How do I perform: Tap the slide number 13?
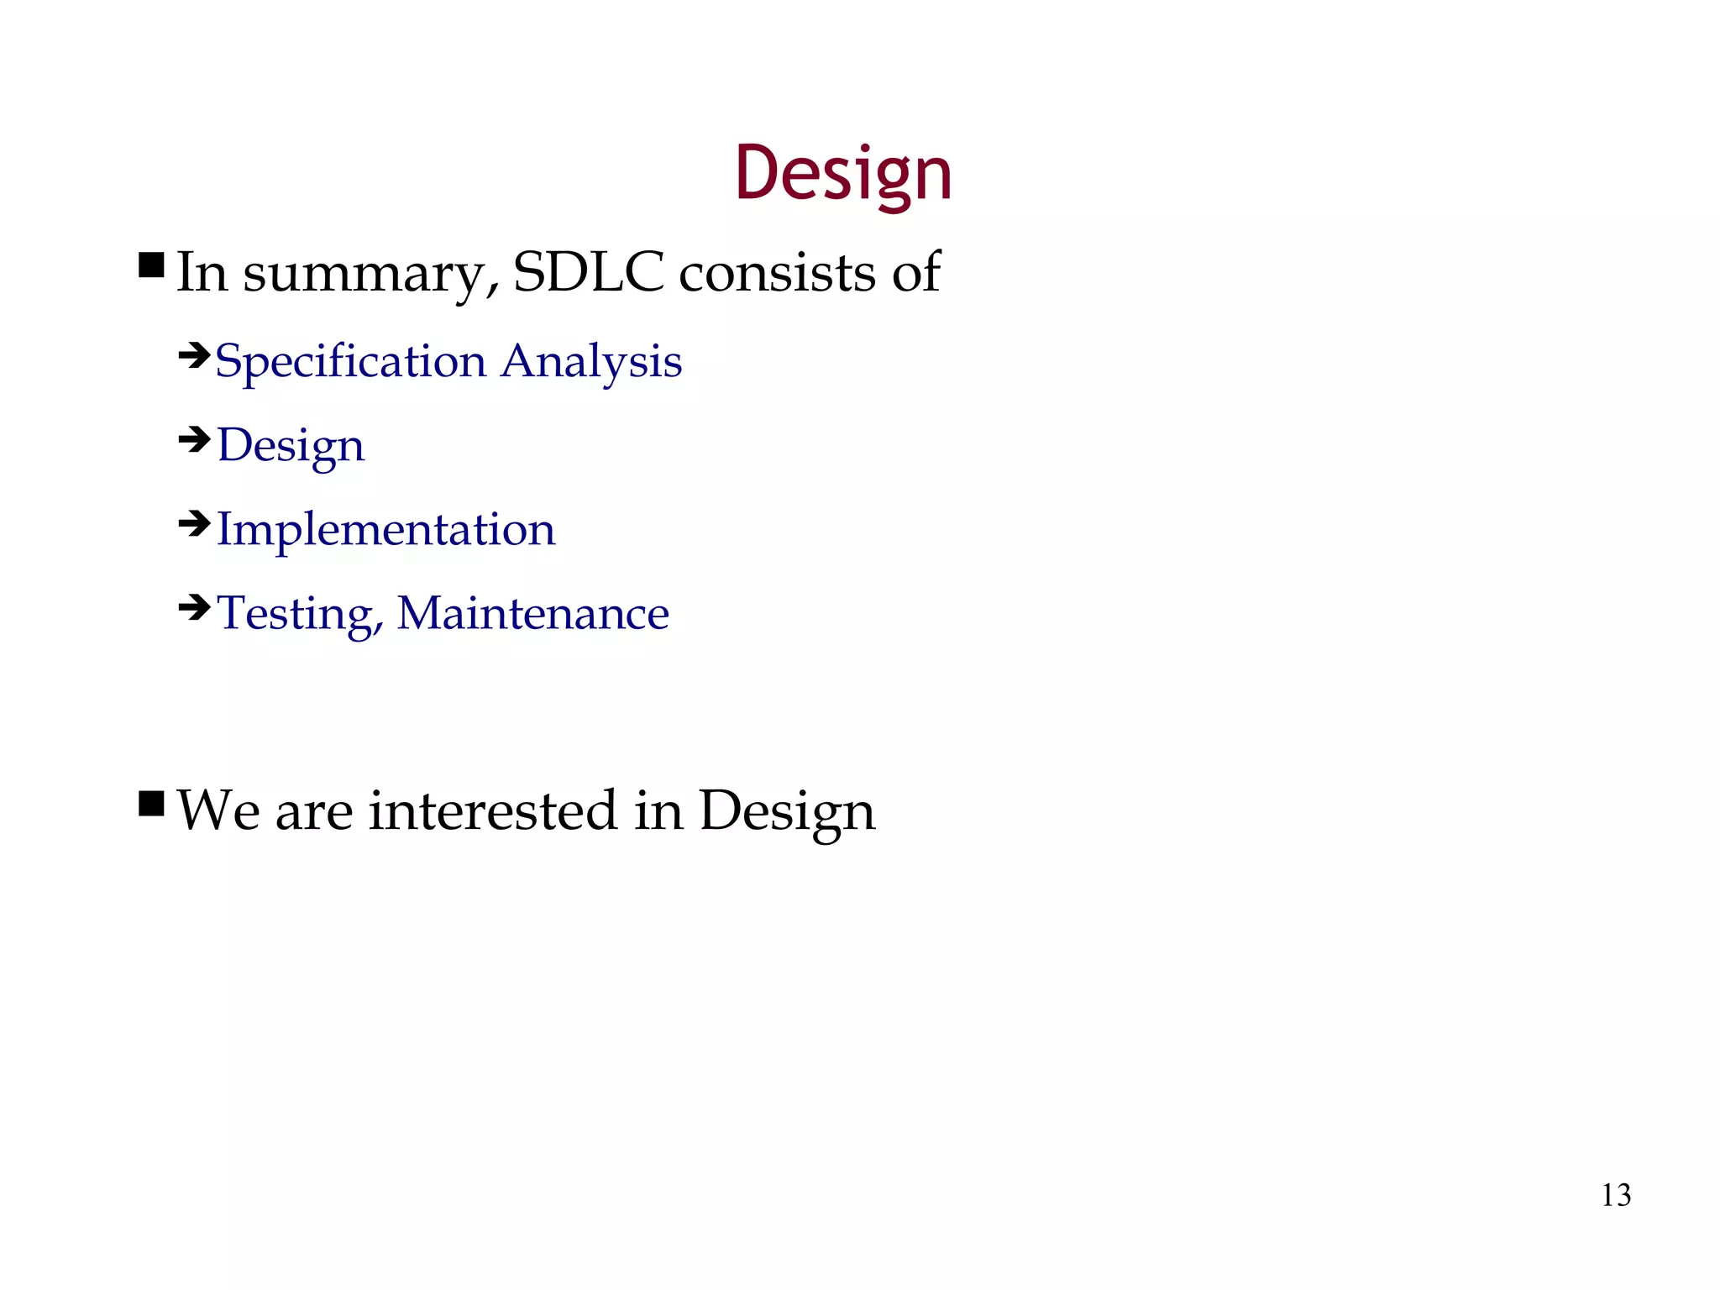(x=1616, y=1195)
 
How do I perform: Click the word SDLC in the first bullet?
(x=588, y=272)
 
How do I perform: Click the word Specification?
(x=350, y=363)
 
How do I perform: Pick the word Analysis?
(x=591, y=363)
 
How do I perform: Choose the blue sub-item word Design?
(x=291, y=446)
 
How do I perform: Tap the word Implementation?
(x=385, y=529)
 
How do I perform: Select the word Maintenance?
(x=532, y=613)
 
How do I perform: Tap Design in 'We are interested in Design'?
(x=787, y=812)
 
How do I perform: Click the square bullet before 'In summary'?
(x=151, y=265)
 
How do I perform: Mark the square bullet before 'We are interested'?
(x=151, y=803)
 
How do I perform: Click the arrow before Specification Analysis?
(x=194, y=356)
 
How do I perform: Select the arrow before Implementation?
(x=194, y=524)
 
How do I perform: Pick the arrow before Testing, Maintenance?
(x=194, y=606)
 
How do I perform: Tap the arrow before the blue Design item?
(x=194, y=439)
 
